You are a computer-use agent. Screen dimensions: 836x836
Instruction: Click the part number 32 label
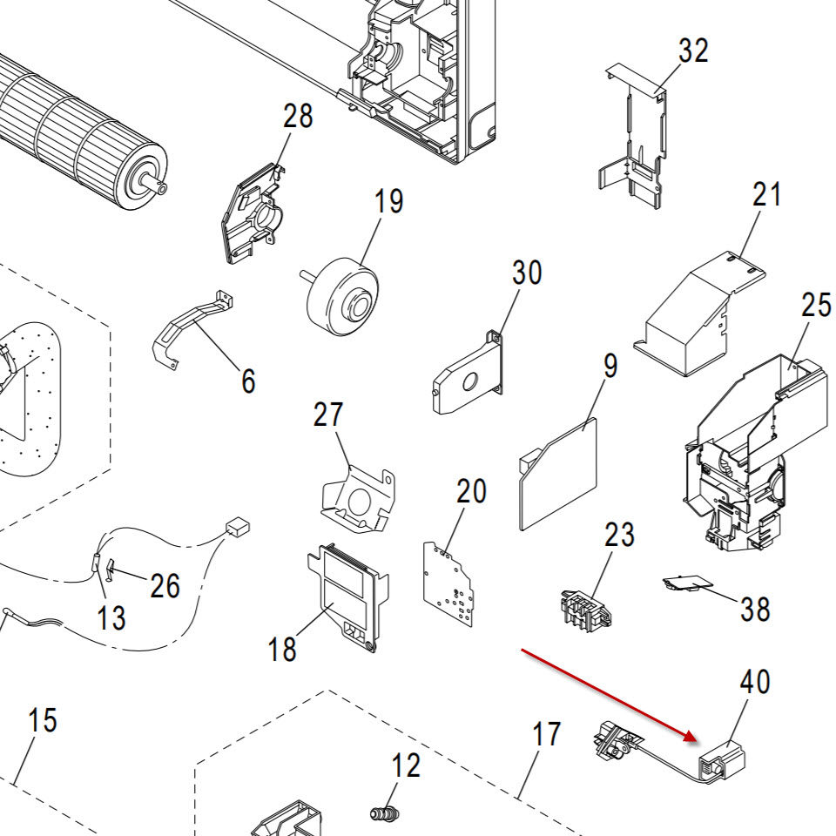[693, 51]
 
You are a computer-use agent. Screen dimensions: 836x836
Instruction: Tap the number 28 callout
[298, 116]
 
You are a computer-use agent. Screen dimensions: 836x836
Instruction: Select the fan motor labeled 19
[342, 295]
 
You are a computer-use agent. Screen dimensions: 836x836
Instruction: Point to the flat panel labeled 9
[557, 474]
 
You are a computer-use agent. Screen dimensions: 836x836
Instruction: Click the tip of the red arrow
[698, 740]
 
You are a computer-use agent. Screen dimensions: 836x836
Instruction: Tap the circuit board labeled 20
[448, 583]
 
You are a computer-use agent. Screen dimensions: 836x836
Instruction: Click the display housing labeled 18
[348, 596]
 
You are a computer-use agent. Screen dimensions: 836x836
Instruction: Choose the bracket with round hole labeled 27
[358, 498]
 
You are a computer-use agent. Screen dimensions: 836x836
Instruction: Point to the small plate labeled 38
[688, 583]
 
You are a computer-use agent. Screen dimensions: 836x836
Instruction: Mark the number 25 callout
[816, 306]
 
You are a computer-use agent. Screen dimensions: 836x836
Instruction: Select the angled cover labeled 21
[699, 314]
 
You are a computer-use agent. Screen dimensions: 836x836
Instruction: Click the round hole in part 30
[470, 381]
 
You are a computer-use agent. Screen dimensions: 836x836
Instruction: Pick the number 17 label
[547, 734]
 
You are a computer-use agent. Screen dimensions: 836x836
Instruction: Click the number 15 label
[42, 720]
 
